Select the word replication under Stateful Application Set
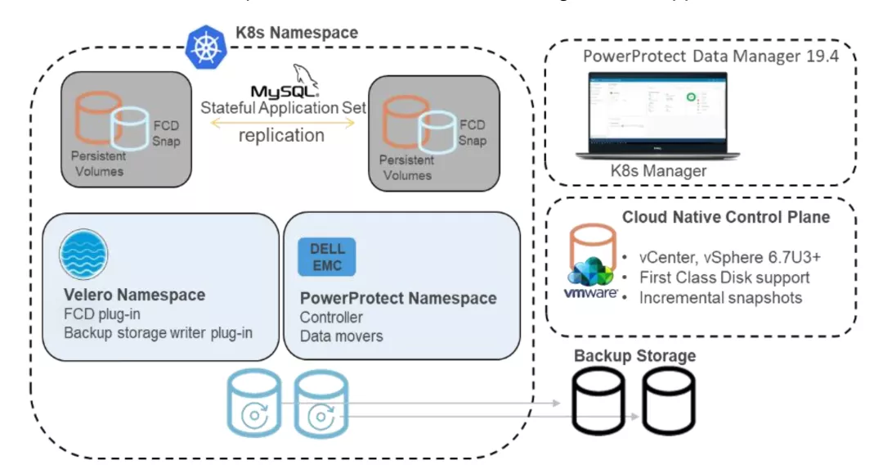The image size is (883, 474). point(280,135)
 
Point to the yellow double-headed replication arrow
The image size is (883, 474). point(281,123)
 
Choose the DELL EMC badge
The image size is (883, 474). point(327,256)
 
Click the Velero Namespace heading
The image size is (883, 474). point(134,295)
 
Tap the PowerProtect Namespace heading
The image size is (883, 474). point(398,298)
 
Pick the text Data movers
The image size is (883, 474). point(341,336)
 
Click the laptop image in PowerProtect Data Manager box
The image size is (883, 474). point(653,115)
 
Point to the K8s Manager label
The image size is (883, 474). point(659,170)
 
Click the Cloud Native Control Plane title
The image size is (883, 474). point(726,217)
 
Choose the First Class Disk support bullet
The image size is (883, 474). point(724,277)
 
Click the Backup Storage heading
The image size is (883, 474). point(634,355)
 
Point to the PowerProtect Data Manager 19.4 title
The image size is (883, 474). point(710,57)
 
